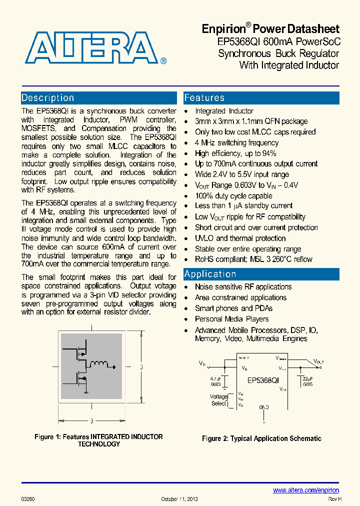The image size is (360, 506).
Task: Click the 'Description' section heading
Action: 48,98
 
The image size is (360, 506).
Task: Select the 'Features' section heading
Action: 204,98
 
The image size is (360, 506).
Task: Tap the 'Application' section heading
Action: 210,274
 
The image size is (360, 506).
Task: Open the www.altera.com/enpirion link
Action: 306,490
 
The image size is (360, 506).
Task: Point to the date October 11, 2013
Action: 179,499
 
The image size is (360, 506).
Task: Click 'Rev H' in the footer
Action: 334,499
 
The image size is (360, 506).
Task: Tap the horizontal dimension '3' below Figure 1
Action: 91,421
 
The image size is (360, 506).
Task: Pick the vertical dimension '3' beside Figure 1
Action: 141,367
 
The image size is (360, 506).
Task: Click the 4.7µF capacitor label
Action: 216,381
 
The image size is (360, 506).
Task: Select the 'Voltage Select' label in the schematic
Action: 218,400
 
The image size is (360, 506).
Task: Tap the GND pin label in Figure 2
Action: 263,407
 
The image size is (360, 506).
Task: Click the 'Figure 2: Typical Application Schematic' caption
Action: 261,438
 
